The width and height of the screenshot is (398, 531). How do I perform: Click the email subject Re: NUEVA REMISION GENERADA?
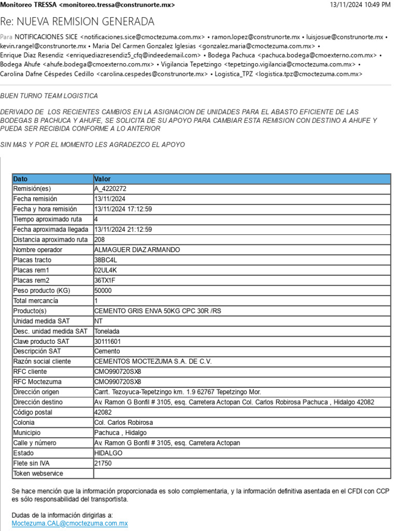pyautogui.click(x=77, y=22)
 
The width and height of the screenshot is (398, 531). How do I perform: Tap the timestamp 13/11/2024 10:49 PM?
pyautogui.click(x=360, y=5)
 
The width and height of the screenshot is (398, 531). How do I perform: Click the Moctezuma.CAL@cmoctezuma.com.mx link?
pyautogui.click(x=69, y=524)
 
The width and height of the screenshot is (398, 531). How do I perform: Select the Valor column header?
pyautogui.click(x=103, y=179)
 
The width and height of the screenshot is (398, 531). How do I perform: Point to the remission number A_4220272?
pyautogui.click(x=110, y=189)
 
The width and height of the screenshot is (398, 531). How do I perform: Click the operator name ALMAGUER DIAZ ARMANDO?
pyautogui.click(x=137, y=250)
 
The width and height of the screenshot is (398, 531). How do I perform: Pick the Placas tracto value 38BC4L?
pyautogui.click(x=106, y=260)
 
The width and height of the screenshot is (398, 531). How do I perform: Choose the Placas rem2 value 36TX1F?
pyautogui.click(x=106, y=281)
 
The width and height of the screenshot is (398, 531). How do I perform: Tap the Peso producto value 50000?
pyautogui.click(x=103, y=291)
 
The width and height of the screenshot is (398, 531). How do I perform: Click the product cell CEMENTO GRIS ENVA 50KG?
pyautogui.click(x=158, y=311)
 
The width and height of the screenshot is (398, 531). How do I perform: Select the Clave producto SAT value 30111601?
pyautogui.click(x=107, y=342)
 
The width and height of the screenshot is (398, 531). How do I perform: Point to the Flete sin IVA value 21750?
pyautogui.click(x=103, y=464)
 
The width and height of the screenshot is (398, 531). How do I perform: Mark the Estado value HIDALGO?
pyautogui.click(x=108, y=453)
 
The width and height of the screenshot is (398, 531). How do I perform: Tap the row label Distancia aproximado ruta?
pyautogui.click(x=50, y=240)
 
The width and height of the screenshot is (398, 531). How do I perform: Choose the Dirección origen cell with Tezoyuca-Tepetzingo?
pyautogui.click(x=178, y=392)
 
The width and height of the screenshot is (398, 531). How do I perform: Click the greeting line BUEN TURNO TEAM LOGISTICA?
pyautogui.click(x=49, y=96)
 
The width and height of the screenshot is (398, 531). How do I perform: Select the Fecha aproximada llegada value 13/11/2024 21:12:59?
pyautogui.click(x=123, y=230)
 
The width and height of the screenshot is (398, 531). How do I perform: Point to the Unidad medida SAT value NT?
pyautogui.click(x=98, y=321)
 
